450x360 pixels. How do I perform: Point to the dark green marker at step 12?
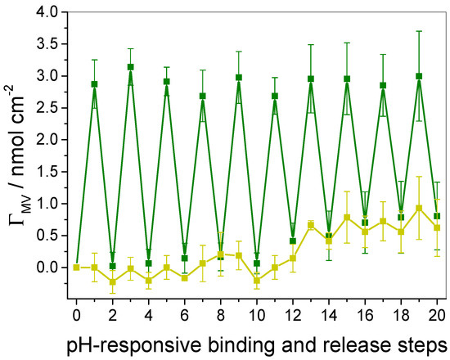293,241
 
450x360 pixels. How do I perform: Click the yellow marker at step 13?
311,225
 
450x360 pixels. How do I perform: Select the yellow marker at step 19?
419,208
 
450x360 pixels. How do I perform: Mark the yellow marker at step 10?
257,280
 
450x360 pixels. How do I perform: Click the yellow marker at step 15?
347,217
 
